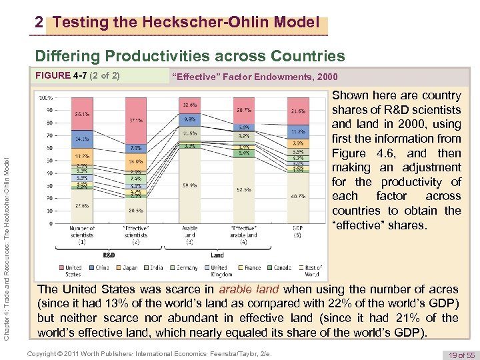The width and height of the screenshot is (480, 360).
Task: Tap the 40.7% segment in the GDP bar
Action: [x=297, y=197]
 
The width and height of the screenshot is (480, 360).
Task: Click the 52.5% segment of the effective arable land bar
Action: [x=243, y=189]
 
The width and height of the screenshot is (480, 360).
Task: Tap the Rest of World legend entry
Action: [x=311, y=271]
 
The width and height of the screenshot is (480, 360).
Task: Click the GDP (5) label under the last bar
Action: [x=297, y=231]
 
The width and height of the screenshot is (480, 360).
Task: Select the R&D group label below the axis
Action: [x=109, y=254]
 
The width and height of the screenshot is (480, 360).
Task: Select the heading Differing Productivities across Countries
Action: [x=190, y=56]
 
